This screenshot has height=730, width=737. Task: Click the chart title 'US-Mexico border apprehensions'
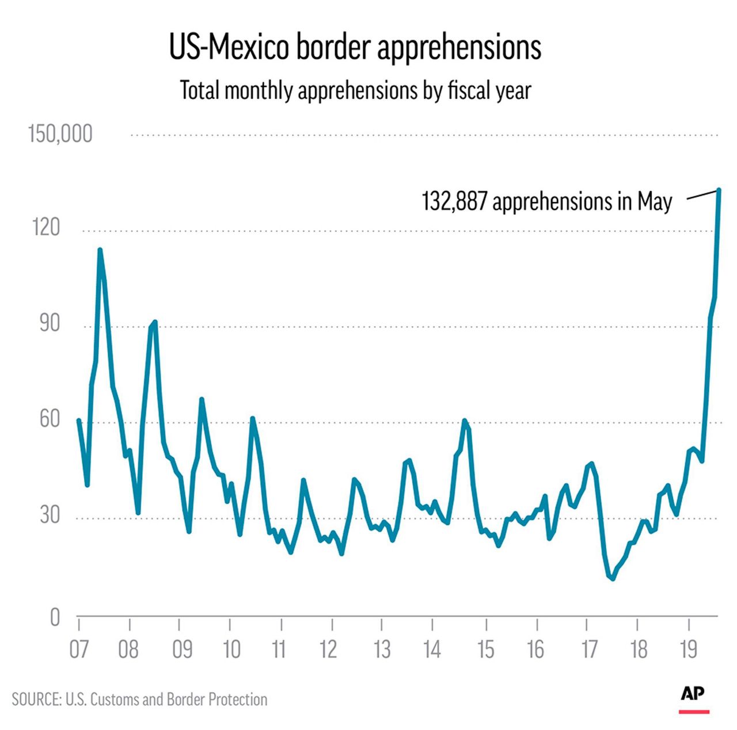(355, 48)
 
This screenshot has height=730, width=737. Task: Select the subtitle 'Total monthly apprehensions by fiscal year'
(355, 90)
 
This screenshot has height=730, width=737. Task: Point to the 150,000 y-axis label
(60, 134)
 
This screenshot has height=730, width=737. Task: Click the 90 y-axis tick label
(49, 324)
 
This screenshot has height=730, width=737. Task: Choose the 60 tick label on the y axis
(49, 419)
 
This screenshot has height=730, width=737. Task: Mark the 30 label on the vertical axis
(50, 515)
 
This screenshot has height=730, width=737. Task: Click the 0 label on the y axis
(55, 617)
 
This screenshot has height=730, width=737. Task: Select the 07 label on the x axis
(79, 649)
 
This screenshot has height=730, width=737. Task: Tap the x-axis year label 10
(231, 649)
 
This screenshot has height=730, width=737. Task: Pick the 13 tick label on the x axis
(382, 649)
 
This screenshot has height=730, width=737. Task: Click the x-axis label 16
(535, 649)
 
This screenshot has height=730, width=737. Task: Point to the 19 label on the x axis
(688, 649)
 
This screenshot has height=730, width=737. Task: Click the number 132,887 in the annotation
(455, 201)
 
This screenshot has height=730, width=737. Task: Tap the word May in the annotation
(655, 201)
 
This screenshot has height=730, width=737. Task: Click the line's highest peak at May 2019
(719, 189)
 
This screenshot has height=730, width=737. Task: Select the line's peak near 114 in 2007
(100, 250)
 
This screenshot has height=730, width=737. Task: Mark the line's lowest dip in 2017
(613, 578)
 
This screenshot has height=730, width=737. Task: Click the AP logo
(693, 694)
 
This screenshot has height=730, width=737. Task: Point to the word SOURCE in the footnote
(36, 700)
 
